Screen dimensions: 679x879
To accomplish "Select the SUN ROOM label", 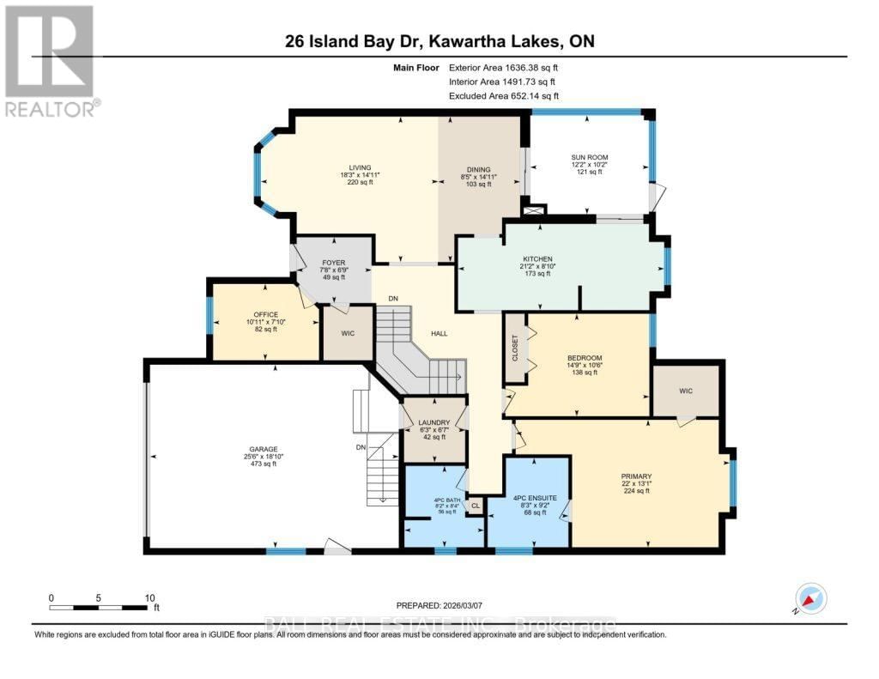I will pyautogui.click(x=590, y=157).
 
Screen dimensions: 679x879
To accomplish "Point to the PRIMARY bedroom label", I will pyautogui.click(x=637, y=476).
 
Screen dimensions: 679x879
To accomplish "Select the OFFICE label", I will pyautogui.click(x=266, y=314).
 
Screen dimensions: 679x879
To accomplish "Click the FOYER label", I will pyautogui.click(x=333, y=263).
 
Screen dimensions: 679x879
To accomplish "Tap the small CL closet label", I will pyautogui.click(x=475, y=506).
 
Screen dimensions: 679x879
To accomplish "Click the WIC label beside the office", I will pyautogui.click(x=348, y=333).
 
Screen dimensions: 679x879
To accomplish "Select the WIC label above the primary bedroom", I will pyautogui.click(x=685, y=391).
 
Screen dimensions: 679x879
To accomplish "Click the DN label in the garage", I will pyautogui.click(x=360, y=447).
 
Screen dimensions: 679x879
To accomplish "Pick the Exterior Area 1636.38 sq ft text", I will pyautogui.click(x=509, y=67).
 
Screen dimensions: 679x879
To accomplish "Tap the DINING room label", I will pyautogui.click(x=477, y=169).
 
